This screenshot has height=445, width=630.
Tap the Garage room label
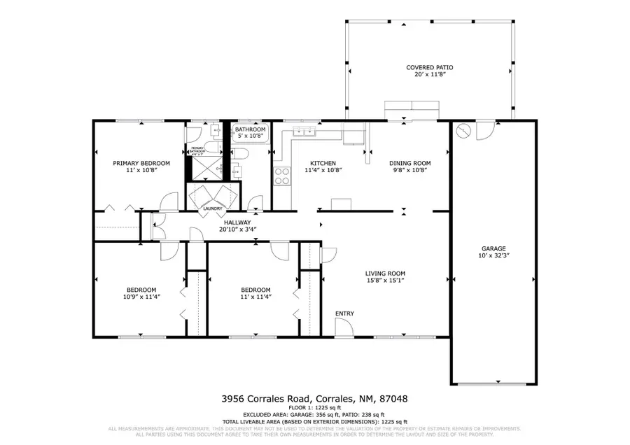[493, 248]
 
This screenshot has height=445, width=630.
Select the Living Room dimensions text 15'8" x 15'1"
[385, 281]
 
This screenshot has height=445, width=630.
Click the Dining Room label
[410, 163]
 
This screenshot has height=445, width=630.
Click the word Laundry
[213, 209]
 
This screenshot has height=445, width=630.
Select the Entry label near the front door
[344, 313]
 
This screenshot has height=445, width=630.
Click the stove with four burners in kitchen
[281, 176]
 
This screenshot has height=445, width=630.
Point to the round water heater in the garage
[462, 131]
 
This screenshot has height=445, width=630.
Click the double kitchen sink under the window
[306, 131]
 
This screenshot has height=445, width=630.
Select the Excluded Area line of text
[315, 414]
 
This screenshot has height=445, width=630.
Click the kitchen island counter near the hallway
[340, 204]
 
